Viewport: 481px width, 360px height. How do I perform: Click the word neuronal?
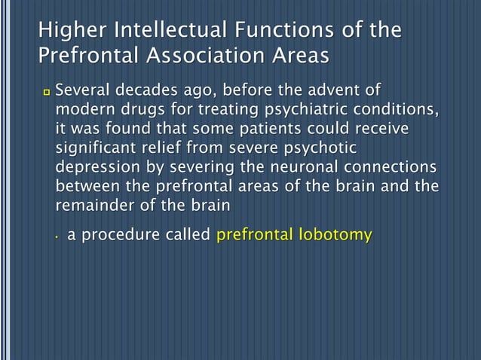[x=300, y=167]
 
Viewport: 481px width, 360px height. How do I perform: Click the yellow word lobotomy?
[x=334, y=235]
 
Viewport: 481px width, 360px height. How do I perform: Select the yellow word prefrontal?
[x=253, y=235]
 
